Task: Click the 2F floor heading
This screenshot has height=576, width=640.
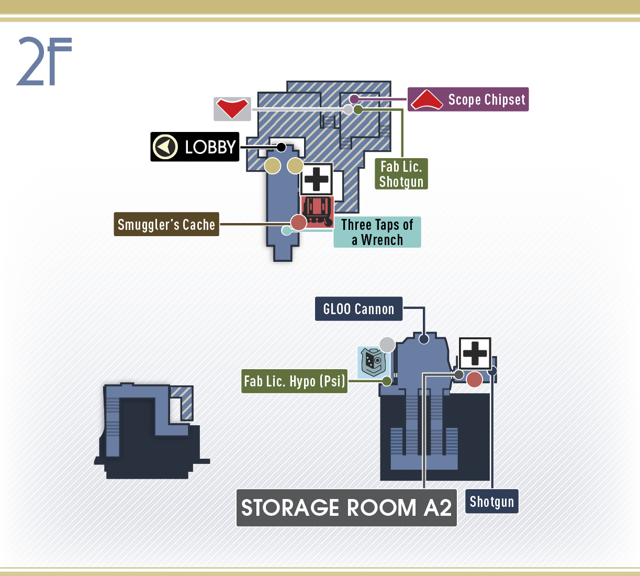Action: [44, 61]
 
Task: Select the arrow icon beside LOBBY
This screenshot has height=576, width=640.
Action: [165, 147]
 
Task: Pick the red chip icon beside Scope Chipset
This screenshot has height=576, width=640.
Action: [426, 99]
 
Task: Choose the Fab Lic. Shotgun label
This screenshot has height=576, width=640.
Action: [401, 174]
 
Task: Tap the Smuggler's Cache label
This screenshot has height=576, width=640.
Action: [166, 224]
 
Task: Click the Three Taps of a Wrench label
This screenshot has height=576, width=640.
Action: [377, 232]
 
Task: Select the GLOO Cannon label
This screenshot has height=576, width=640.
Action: [358, 309]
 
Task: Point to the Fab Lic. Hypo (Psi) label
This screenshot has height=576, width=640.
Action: [294, 381]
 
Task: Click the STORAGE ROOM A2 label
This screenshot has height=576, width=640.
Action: [346, 508]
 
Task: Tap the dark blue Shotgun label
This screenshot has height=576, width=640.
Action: [492, 502]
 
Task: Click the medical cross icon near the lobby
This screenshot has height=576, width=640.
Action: [317, 179]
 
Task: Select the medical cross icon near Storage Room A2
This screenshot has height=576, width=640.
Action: [475, 353]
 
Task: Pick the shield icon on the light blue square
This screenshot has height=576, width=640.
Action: [373, 362]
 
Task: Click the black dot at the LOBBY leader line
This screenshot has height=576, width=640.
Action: [281, 147]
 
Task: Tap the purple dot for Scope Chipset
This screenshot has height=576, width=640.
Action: [354, 99]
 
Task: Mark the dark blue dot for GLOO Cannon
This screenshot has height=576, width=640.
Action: [424, 339]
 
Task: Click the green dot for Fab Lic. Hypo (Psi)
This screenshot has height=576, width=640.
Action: [387, 381]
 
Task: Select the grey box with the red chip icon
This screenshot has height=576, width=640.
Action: [232, 109]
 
